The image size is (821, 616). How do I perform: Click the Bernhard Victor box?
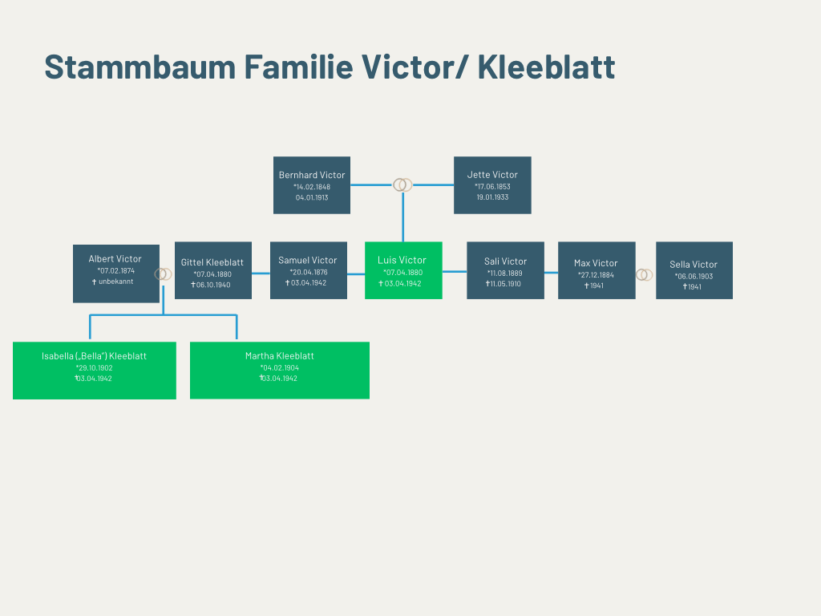[x=312, y=185]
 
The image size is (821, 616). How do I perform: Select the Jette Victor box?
[x=492, y=185]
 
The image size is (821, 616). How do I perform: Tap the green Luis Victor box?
[x=403, y=270]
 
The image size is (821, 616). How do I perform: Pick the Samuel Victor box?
[x=309, y=270]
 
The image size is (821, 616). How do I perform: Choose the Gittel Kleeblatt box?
[x=213, y=270]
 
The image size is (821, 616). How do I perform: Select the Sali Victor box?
[x=505, y=270]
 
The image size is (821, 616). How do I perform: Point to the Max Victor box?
[x=597, y=270]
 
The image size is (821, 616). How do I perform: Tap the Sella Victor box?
[x=694, y=270]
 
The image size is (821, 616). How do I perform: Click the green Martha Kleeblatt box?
[x=280, y=371]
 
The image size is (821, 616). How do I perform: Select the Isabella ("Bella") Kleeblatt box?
[x=95, y=371]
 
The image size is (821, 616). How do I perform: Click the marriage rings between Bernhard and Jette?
[x=402, y=185]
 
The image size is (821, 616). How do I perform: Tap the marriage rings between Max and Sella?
[x=645, y=275]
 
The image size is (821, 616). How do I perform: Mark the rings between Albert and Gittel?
[x=164, y=274]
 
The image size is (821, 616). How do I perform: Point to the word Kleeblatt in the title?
[x=546, y=67]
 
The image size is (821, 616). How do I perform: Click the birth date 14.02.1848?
[x=312, y=187]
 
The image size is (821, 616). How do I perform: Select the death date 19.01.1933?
[x=492, y=197]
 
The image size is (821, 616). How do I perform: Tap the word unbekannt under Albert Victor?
[x=116, y=282]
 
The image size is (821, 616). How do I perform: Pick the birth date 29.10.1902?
[x=94, y=368]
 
